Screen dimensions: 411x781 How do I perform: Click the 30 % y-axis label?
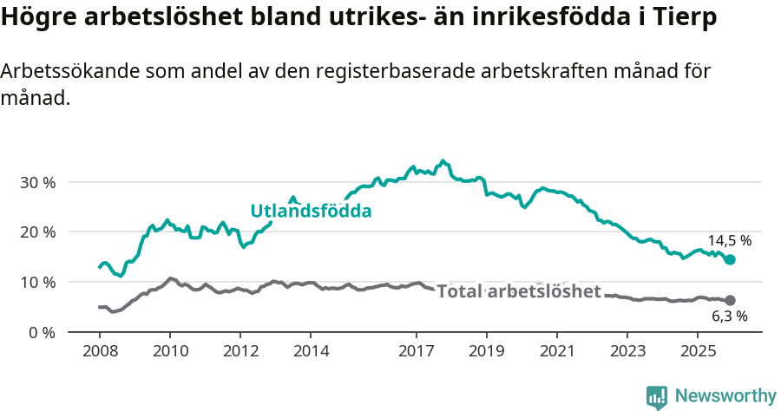coord(37,183)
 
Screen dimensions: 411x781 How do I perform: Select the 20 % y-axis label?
coord(37,232)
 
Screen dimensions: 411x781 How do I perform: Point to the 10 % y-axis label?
coord(37,283)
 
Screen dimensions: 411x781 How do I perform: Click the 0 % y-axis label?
coord(41,332)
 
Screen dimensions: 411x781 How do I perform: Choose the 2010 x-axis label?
coord(169,351)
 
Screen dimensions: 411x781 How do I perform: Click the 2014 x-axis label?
coord(311,351)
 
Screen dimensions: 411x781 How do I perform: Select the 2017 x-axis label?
coord(416,351)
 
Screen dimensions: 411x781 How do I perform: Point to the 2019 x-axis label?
coord(486,351)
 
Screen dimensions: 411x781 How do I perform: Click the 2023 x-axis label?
coord(627,351)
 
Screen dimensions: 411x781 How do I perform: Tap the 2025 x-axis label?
coord(698,351)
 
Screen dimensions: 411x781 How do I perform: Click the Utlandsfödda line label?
coord(311,211)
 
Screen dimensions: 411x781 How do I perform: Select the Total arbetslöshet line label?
coord(518,291)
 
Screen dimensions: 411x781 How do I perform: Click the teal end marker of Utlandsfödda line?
coord(731,260)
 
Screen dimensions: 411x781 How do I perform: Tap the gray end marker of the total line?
coord(731,301)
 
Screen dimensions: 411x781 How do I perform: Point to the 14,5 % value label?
coord(729,241)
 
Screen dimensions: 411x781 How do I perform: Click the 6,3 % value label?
coord(729,317)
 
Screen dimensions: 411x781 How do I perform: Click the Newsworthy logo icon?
coord(656,396)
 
